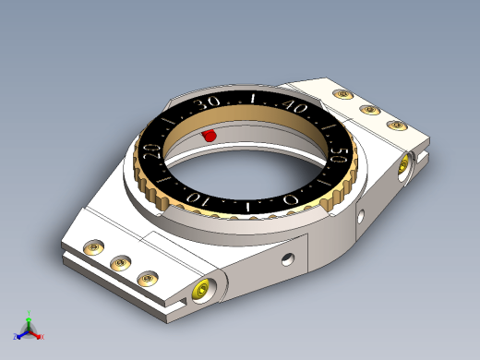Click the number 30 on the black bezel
pyautogui.click(x=209, y=103)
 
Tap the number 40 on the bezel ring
pyautogui.click(x=294, y=106)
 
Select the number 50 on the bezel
pyautogui.click(x=339, y=155)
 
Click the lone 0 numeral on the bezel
pyautogui.click(x=291, y=199)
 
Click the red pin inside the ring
pyautogui.click(x=210, y=136)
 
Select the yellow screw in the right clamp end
pyautogui.click(x=403, y=166)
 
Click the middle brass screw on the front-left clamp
pyautogui.click(x=121, y=262)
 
